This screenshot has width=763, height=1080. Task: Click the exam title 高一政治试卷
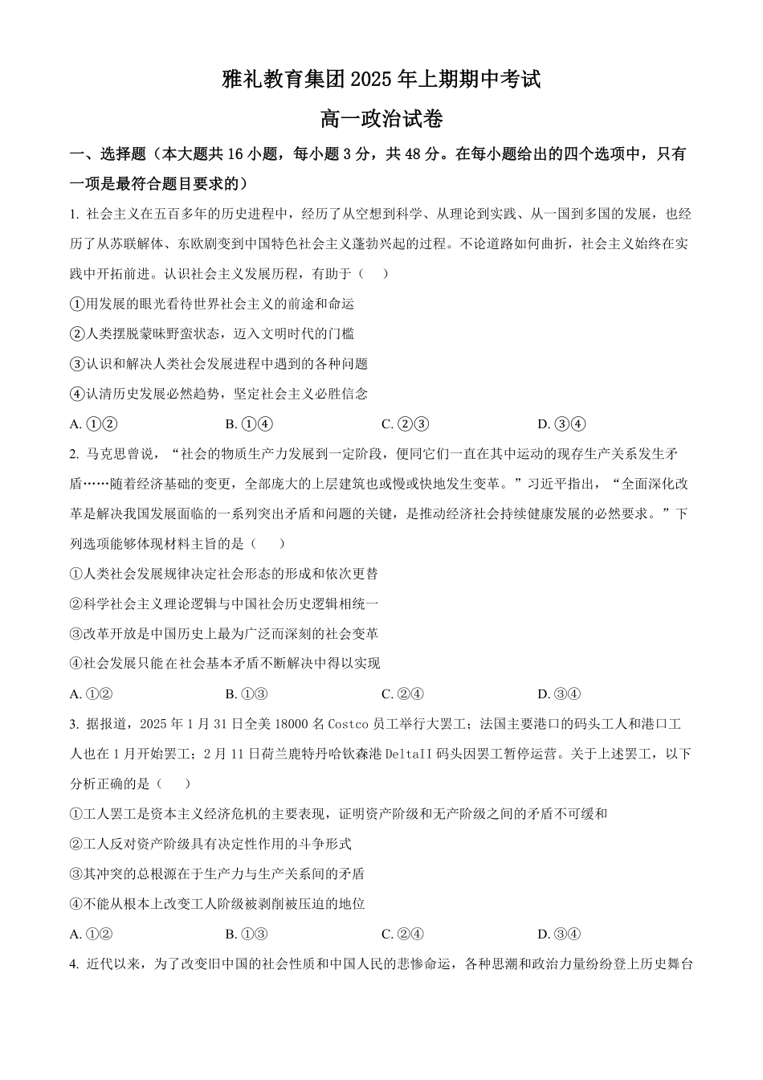[x=381, y=120]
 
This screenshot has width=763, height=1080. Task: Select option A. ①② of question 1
[x=94, y=424]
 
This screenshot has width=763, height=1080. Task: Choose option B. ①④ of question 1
[x=249, y=424]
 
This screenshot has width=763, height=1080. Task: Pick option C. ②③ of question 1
[x=405, y=424]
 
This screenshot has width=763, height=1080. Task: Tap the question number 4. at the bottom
[x=75, y=963]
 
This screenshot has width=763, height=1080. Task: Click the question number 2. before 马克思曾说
[x=75, y=454]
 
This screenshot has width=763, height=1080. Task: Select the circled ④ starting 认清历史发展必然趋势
[x=77, y=394]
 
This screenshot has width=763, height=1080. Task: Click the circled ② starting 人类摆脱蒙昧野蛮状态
[x=77, y=333]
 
